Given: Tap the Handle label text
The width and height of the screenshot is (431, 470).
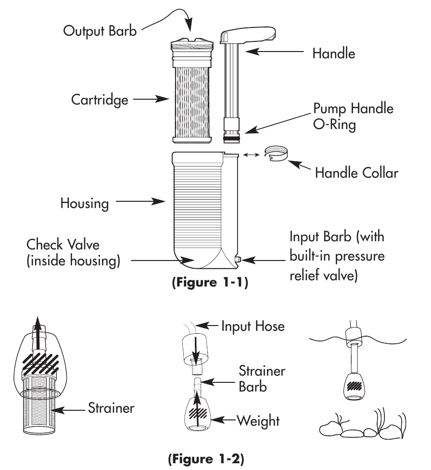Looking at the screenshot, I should (333, 53).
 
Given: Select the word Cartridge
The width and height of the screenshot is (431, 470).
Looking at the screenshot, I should (100, 100).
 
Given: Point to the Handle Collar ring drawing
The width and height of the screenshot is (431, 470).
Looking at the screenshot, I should (276, 157).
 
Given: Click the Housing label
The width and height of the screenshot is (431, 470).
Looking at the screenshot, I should (84, 203).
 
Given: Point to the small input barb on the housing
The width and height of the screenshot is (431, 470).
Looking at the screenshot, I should (238, 261).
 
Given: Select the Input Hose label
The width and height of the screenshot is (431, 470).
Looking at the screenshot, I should (253, 327).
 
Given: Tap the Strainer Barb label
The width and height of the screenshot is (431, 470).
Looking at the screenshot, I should (262, 379).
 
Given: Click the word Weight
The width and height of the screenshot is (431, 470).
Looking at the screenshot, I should (257, 421).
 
